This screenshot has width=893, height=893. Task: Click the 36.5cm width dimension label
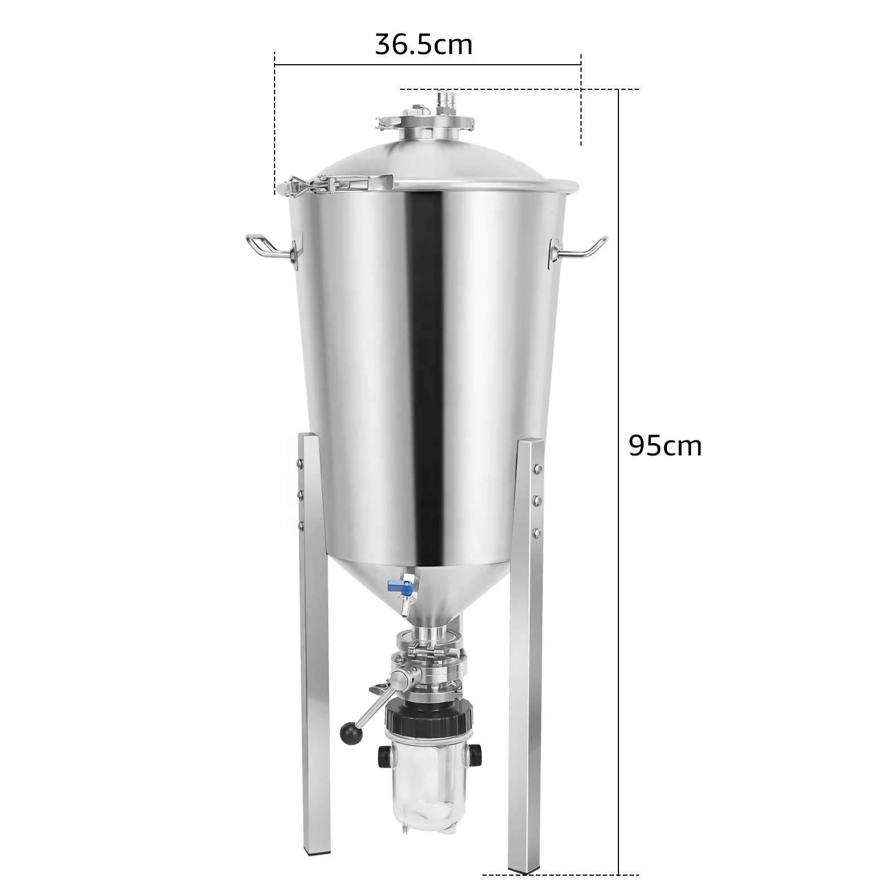click(424, 45)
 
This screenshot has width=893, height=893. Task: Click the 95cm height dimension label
click(665, 446)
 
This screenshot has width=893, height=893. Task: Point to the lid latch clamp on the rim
click(335, 184)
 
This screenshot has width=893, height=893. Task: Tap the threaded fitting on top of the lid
click(444, 100)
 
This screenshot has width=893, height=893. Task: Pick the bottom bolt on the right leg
click(536, 532)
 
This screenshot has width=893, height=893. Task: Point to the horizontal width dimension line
click(428, 65)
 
